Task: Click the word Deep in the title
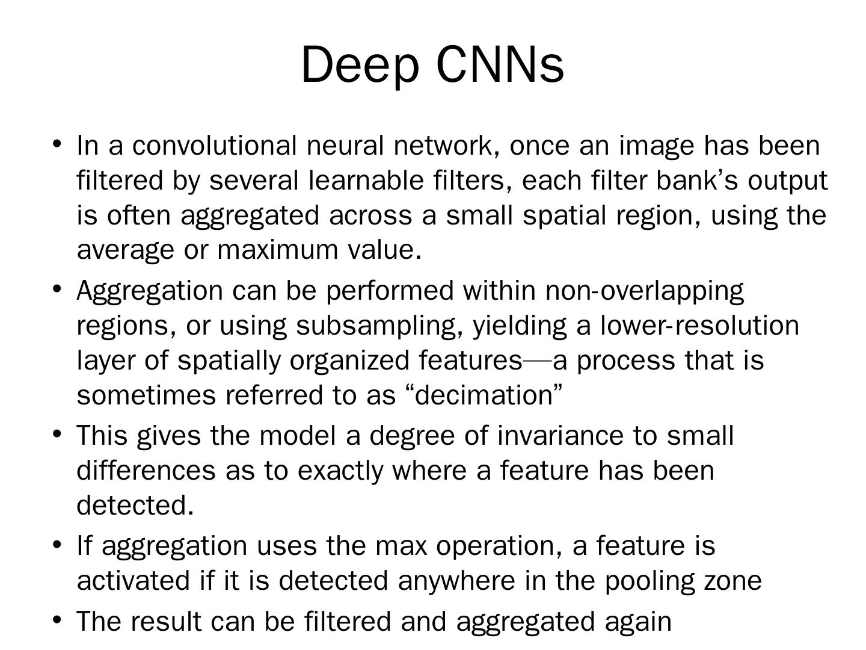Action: coord(359,65)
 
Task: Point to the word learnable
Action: coord(366,181)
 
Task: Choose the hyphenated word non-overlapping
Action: coord(645,291)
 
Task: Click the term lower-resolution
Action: coord(700,326)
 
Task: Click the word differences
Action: coord(146,470)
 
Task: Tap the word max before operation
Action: coord(401,546)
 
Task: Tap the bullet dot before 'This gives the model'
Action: coord(57,433)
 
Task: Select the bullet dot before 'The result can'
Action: coord(57,619)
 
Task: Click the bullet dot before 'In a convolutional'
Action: coord(57,144)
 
